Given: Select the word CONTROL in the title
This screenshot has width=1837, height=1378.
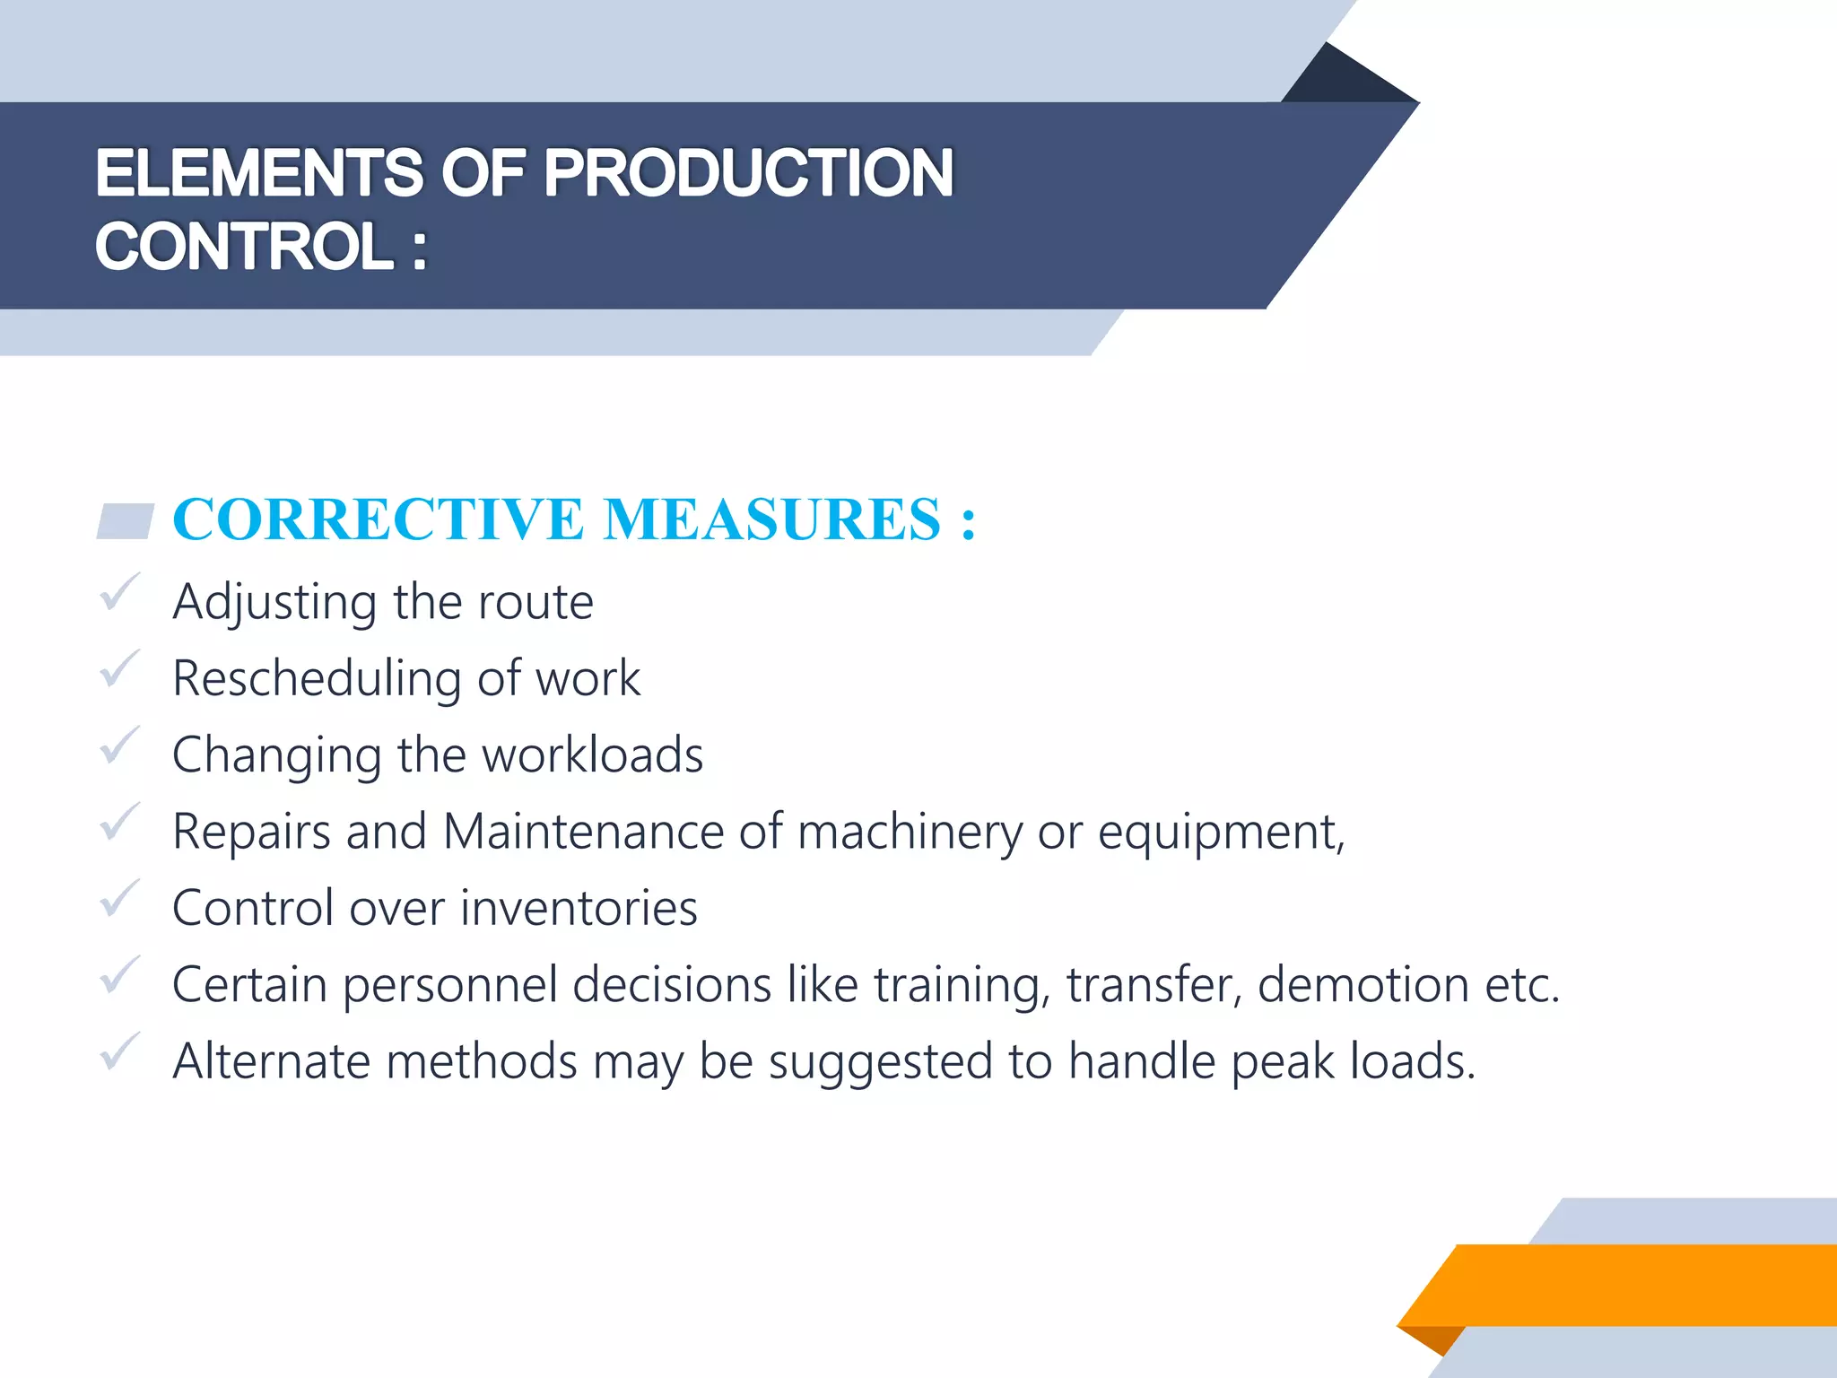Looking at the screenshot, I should (244, 247).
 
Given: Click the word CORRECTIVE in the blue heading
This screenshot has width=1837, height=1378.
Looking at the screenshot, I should (378, 519).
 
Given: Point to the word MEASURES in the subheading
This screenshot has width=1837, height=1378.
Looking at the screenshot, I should (772, 519).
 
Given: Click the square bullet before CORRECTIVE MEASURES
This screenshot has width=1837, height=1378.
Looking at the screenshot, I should (125, 521).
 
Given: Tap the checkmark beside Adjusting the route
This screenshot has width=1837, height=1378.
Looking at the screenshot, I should (119, 593).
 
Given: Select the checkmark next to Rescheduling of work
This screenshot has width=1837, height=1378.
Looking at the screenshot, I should (119, 669).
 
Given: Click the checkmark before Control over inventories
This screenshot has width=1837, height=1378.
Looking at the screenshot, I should (119, 899).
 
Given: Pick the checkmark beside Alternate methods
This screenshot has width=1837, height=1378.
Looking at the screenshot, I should (119, 1052).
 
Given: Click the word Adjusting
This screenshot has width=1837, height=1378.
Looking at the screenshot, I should (274, 603).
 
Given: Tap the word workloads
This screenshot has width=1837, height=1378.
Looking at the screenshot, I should (592, 755).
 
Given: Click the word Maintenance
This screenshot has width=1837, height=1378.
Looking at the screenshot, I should (583, 832).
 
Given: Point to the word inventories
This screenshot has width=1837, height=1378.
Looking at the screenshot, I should (579, 908).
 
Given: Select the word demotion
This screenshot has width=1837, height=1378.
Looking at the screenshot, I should (1363, 985).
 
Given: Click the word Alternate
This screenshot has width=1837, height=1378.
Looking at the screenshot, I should (271, 1061).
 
